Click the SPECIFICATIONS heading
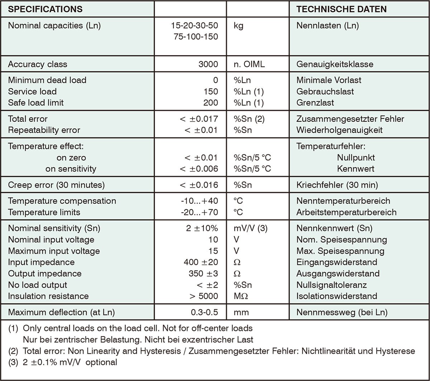click(45, 9)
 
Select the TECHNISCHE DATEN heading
click(341, 9)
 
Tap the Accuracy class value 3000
click(208, 64)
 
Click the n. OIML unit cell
click(250, 64)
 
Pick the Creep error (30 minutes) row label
click(56, 185)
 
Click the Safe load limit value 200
click(210, 103)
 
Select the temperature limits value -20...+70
click(200, 212)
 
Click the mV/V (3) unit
click(250, 228)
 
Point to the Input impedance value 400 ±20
click(200, 262)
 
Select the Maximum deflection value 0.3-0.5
click(204, 312)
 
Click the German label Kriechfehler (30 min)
click(337, 185)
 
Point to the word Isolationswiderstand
click(337, 296)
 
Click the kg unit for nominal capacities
click(238, 26)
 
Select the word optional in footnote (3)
click(101, 362)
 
